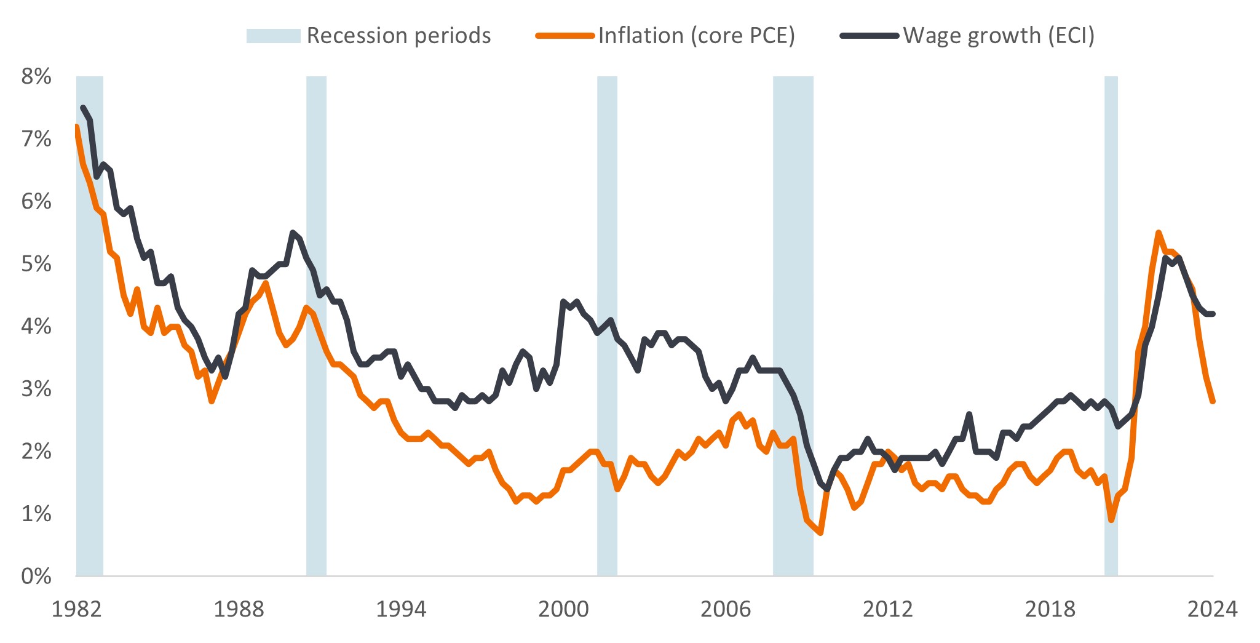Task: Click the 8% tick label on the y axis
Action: point(36,77)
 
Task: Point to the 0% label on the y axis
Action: point(36,577)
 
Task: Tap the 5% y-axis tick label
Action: point(36,264)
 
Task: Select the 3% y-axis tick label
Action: point(36,389)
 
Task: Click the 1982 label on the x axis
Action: point(76,609)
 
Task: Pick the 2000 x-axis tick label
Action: point(563,609)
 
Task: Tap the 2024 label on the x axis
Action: point(1212,609)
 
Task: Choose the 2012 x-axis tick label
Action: point(888,609)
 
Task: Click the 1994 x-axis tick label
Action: point(401,609)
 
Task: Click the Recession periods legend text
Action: point(398,36)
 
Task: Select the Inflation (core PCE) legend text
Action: point(696,36)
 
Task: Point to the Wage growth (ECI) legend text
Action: point(999,36)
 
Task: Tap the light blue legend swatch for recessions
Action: point(273,36)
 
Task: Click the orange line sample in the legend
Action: point(565,36)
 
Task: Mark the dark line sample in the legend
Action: point(870,36)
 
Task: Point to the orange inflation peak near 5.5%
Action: point(1158,233)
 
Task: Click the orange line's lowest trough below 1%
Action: point(820,532)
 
